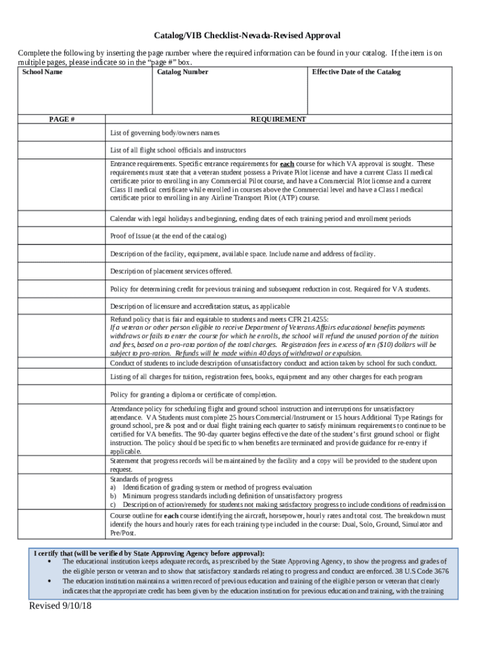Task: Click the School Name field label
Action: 42,72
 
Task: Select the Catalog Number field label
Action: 182,72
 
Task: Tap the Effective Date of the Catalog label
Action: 356,72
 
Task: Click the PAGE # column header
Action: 62,119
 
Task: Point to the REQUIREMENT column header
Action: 278,119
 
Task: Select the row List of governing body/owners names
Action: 165,133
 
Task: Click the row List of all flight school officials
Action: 178,150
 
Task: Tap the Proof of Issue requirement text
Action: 168,236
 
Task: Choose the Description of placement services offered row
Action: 171,271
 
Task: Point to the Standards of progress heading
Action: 141,479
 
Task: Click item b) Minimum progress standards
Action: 232,495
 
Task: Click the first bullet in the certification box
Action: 50,562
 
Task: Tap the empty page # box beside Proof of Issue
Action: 62,236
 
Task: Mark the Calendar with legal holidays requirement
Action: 260,218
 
